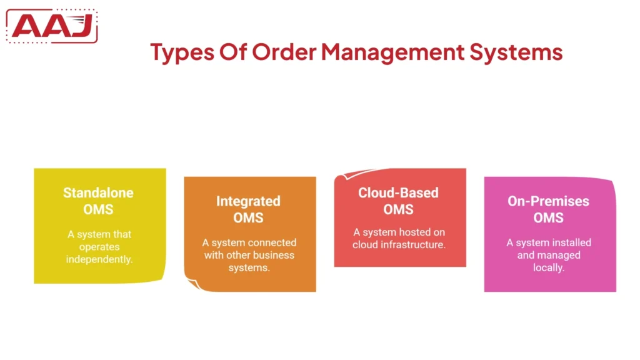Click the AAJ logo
tap(52, 26)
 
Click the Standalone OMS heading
tap(99, 201)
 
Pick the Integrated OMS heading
tap(248, 209)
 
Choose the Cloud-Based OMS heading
tap(399, 201)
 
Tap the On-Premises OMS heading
tap(549, 209)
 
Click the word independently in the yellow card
tap(99, 259)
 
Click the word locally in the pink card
tap(549, 267)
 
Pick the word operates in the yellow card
tap(99, 247)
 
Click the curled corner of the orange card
tap(192, 284)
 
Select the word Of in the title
tap(233, 52)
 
